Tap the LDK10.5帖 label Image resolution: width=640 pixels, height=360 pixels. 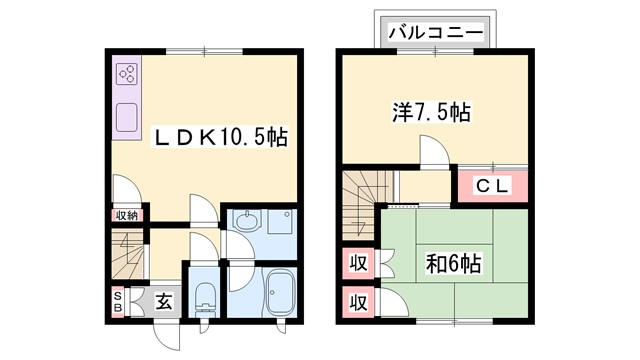click(219, 138)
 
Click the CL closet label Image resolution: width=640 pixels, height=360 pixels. click(493, 185)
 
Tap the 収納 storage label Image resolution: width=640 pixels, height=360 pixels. click(126, 215)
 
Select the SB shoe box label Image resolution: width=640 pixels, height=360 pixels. click(118, 301)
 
